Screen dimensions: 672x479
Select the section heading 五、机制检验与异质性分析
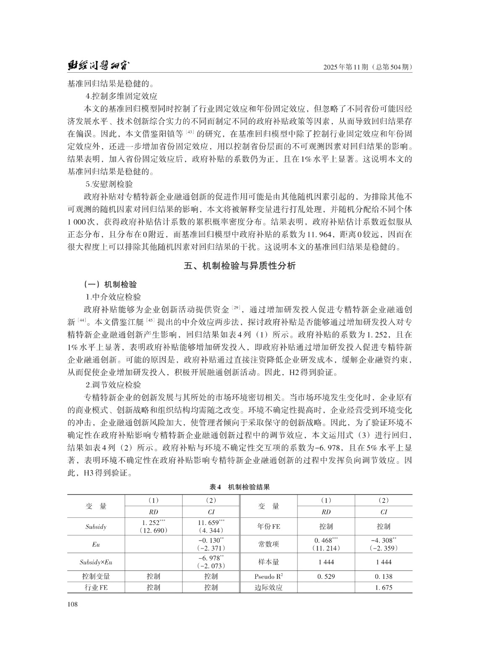239,266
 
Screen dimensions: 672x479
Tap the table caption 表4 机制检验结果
239,487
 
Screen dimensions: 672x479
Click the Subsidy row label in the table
96,527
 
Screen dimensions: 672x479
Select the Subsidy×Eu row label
96,562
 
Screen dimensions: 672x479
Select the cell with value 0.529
326,577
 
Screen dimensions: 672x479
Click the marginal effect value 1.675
384,588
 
